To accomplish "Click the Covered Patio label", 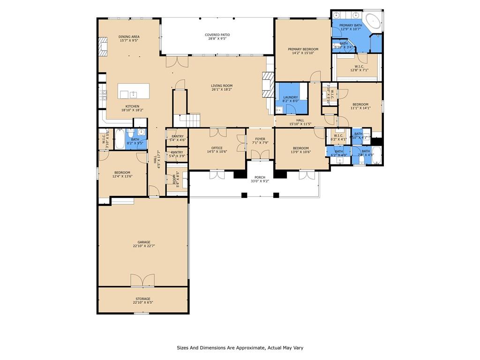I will tap(217, 35).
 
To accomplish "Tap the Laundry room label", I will tap(291, 97).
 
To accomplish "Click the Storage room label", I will tap(143, 299).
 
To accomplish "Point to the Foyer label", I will tap(260, 139).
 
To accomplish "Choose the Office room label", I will tap(217, 148).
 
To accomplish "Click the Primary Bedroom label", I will tap(303, 49).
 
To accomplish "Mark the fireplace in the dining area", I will tap(103, 47).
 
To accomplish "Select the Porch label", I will tap(260, 177).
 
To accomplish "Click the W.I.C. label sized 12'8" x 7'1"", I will tap(359, 67).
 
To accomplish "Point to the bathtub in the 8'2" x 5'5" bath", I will tap(120, 139).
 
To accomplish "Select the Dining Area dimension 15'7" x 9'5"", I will tap(129, 41).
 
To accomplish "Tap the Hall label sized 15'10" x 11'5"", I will tap(300, 120).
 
